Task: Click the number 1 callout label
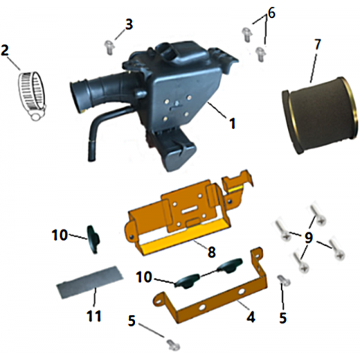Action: [x=232, y=124]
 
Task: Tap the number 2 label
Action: [x=5, y=50]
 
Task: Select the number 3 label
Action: [x=129, y=25]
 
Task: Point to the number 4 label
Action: [x=250, y=317]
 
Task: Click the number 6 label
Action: [x=271, y=13]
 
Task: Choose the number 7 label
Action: [x=316, y=44]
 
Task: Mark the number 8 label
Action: [x=211, y=252]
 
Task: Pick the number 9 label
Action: [x=309, y=238]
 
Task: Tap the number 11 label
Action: [x=94, y=316]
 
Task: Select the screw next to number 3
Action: [x=109, y=47]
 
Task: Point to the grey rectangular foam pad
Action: [x=90, y=282]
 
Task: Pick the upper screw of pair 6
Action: [x=247, y=34]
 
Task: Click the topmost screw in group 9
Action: [x=317, y=214]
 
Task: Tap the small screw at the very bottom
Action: [x=173, y=344]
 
